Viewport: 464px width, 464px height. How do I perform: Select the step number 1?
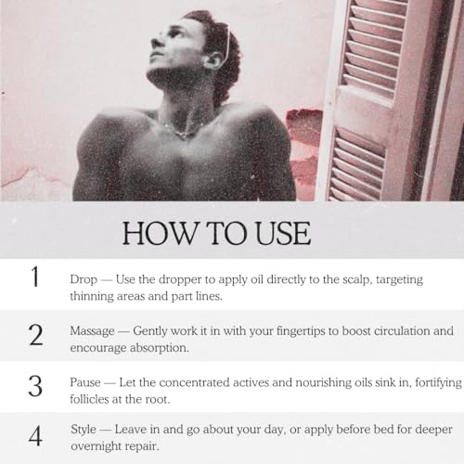pos(35,277)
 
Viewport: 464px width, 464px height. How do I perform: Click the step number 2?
pos(36,335)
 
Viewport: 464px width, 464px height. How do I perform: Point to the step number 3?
pos(35,386)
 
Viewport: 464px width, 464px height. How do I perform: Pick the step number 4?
pos(35,436)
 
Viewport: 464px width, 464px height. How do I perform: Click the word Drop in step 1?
pos(84,279)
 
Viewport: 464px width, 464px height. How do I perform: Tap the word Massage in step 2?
pos(92,331)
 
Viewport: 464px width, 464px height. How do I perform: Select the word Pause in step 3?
pos(85,382)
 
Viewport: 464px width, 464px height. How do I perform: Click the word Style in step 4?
pos(84,430)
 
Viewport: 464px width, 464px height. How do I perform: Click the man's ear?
pos(213,60)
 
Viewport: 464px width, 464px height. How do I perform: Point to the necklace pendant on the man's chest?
pos(182,135)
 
